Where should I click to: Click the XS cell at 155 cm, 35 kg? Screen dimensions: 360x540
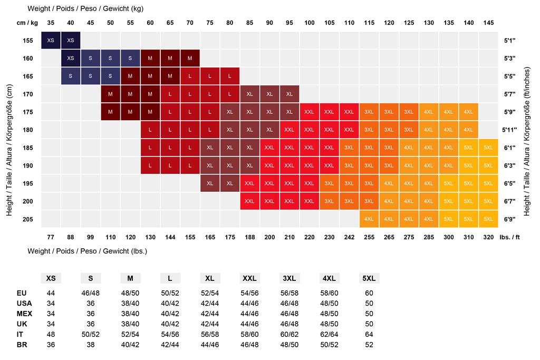coord(51,41)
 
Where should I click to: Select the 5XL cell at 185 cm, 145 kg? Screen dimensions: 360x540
coord(488,148)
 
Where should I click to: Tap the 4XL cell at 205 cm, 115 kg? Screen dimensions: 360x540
coord(369,219)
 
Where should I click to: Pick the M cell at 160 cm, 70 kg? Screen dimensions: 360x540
coord(190,58)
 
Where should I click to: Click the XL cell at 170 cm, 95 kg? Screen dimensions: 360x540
coord(290,94)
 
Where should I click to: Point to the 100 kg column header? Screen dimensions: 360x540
coord(310,23)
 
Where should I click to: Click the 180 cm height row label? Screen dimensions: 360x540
coord(28,130)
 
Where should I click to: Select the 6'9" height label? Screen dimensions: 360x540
coord(509,219)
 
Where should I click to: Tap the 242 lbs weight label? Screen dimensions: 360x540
coord(349,237)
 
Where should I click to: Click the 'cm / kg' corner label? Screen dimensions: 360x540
coord(28,23)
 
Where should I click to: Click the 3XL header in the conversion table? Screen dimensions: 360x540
coord(290,278)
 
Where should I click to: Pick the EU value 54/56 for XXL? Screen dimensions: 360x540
coord(249,293)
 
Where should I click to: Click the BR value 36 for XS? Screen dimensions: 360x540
coord(51,344)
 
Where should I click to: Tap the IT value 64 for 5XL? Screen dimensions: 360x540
coord(369,334)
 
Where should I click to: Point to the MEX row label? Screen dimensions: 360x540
coord(24,313)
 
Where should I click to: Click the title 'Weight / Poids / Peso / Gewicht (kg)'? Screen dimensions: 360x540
coord(85,8)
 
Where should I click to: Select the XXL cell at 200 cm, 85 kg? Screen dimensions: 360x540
coord(249,201)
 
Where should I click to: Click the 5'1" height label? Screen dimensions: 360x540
coord(509,41)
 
